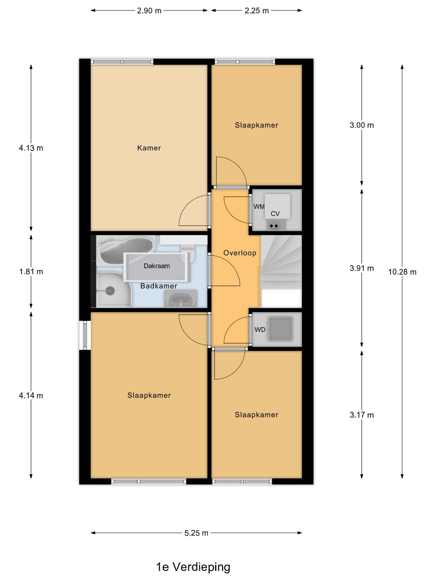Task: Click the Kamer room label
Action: coord(149,148)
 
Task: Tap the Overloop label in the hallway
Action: coord(240,253)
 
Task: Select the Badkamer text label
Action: coord(159,286)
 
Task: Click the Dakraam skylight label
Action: coord(157,266)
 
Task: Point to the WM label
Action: coord(259,207)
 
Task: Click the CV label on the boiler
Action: coord(275,214)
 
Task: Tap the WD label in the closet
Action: coord(260,330)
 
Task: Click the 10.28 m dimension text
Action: coord(402,272)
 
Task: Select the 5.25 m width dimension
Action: coord(196,533)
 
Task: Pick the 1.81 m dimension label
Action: coord(31,272)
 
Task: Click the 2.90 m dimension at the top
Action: coord(149,10)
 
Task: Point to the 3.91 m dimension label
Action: coord(362,268)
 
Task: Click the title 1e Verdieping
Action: coord(193,567)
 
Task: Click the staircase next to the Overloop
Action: coord(281,262)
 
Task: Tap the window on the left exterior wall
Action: coord(85,335)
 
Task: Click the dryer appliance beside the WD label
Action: coord(280,329)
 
